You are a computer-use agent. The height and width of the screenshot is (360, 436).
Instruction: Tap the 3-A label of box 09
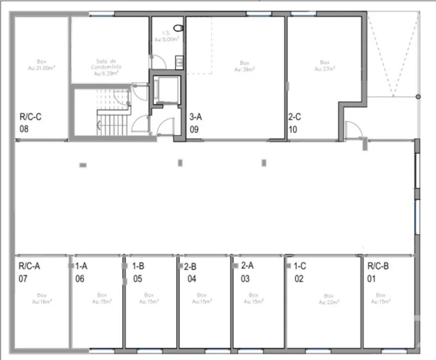tap(197, 116)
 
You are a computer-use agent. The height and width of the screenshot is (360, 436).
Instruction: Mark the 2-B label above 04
tap(191, 266)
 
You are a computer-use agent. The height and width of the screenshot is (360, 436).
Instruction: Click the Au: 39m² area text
tap(246, 70)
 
